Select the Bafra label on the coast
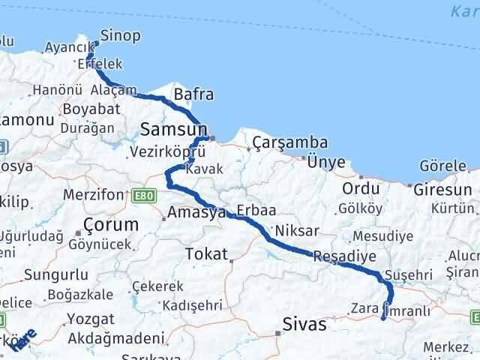pos(193,94)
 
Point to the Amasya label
pos(197,213)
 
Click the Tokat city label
pos(205,253)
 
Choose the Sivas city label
pos(305,325)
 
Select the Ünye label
pos(326,161)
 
